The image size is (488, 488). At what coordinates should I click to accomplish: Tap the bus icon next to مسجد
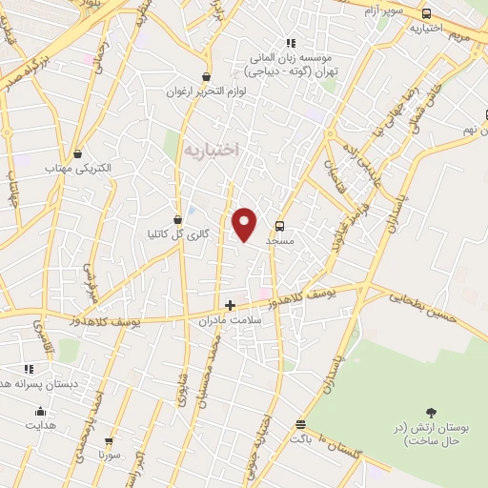(279, 226)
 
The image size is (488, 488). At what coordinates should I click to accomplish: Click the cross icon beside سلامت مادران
(229, 306)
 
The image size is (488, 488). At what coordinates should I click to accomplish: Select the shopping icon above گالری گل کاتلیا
(177, 219)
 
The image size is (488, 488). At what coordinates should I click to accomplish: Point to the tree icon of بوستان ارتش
(432, 413)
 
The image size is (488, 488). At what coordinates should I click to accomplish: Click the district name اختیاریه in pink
(210, 150)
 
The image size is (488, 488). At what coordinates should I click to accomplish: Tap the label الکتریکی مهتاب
(78, 168)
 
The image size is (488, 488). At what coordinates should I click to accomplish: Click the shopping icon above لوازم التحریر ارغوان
(207, 77)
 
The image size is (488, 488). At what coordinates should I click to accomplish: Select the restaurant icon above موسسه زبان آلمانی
(291, 42)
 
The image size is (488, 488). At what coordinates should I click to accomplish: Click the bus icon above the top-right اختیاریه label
(425, 13)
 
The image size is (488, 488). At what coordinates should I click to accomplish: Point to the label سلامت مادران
(229, 322)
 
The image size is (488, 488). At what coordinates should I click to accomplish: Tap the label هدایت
(40, 428)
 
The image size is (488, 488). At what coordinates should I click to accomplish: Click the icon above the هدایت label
(40, 413)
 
